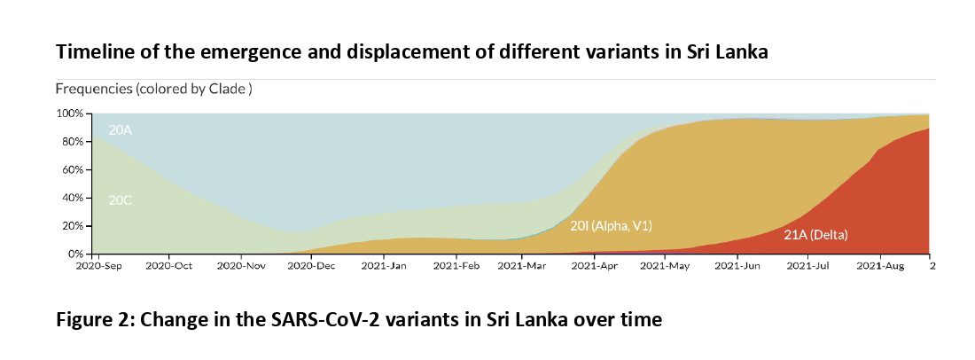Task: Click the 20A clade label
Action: [x=120, y=130]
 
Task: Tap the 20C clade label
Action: [x=120, y=200]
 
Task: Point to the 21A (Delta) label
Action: [x=815, y=235]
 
